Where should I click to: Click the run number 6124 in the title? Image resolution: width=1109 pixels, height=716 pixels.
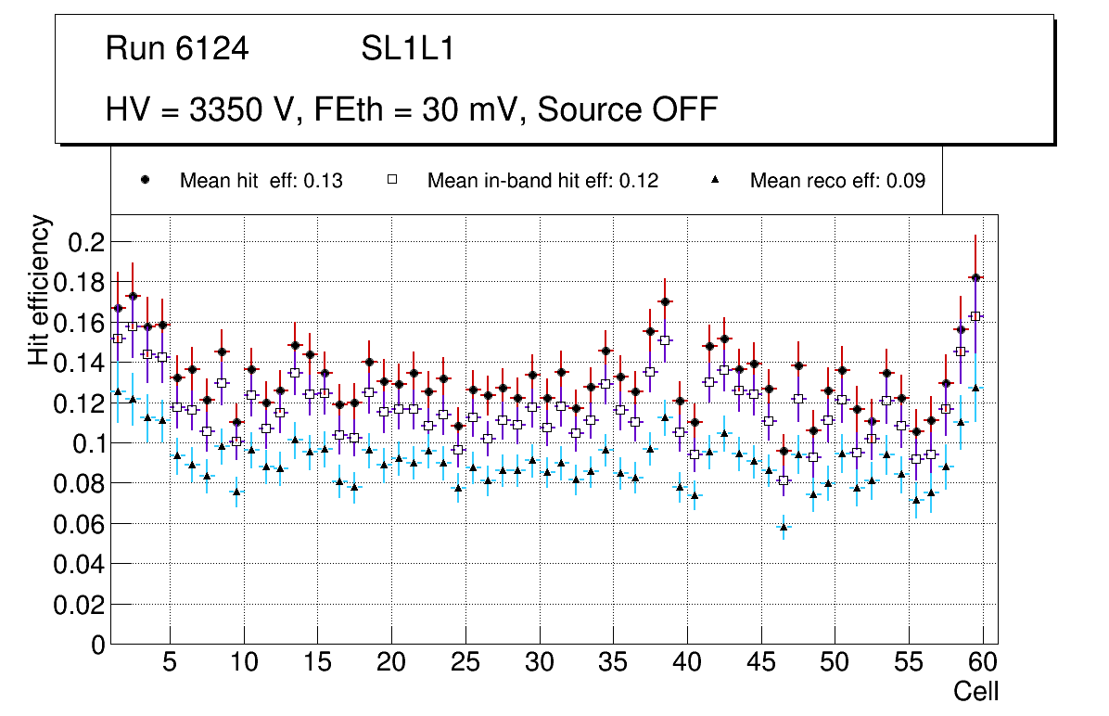(x=212, y=49)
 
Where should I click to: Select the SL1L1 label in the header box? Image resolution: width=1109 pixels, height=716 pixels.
(x=408, y=49)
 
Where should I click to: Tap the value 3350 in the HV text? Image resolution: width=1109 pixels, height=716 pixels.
(x=226, y=109)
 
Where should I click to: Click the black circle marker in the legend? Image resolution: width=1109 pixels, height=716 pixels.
(x=145, y=180)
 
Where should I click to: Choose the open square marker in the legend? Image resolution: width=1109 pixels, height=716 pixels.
(x=392, y=180)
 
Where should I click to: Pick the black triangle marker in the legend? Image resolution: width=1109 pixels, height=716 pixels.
(x=716, y=180)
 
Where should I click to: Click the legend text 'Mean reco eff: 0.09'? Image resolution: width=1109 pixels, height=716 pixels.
(x=837, y=181)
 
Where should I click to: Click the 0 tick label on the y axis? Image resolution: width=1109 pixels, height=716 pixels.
(x=98, y=645)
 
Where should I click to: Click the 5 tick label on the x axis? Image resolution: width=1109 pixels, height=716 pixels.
(x=170, y=663)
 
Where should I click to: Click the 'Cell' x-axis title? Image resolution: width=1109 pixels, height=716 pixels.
(x=976, y=691)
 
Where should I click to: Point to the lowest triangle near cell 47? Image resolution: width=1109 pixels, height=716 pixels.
(x=784, y=527)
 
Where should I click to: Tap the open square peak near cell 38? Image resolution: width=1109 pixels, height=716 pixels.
(x=665, y=340)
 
